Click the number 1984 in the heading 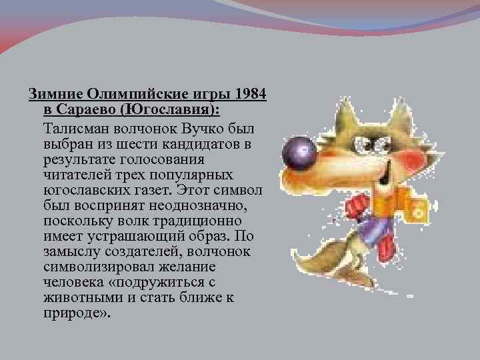click(251, 93)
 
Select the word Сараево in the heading click(85, 109)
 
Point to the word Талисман click(72, 127)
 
